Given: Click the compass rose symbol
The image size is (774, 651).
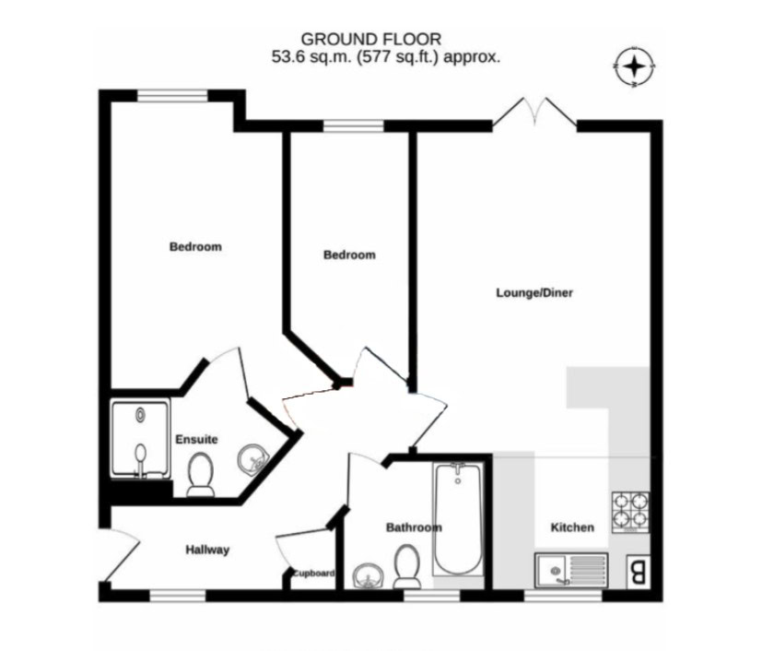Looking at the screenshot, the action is (634, 66).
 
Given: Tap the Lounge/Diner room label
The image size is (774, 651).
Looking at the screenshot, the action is (534, 293).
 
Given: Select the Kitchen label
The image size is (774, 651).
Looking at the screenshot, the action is (572, 527).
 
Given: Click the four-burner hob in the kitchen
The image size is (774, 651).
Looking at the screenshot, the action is (630, 512).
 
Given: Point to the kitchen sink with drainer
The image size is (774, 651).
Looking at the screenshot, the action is (571, 570).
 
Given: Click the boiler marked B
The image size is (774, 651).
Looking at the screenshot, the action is (638, 572).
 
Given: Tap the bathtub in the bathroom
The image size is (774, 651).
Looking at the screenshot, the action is (458, 518).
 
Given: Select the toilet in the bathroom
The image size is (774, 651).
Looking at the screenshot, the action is (407, 566).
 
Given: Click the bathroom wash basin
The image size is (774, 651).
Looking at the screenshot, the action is (369, 576).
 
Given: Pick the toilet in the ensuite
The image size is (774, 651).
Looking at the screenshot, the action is (201, 475).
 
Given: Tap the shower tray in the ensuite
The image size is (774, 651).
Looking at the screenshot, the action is (140, 439).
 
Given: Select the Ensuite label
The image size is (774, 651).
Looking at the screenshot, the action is (196, 439).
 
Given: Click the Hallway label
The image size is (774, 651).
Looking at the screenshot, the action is (207, 550).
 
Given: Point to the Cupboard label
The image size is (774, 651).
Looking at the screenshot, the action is (313, 574).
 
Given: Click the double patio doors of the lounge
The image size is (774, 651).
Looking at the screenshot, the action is (534, 112).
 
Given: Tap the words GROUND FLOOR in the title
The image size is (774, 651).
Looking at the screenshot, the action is (371, 39).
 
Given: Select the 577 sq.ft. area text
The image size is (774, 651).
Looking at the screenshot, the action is (398, 57).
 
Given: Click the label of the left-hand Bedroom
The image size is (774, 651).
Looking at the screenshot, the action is (195, 246).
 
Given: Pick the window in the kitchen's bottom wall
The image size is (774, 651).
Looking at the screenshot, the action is (563, 596).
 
